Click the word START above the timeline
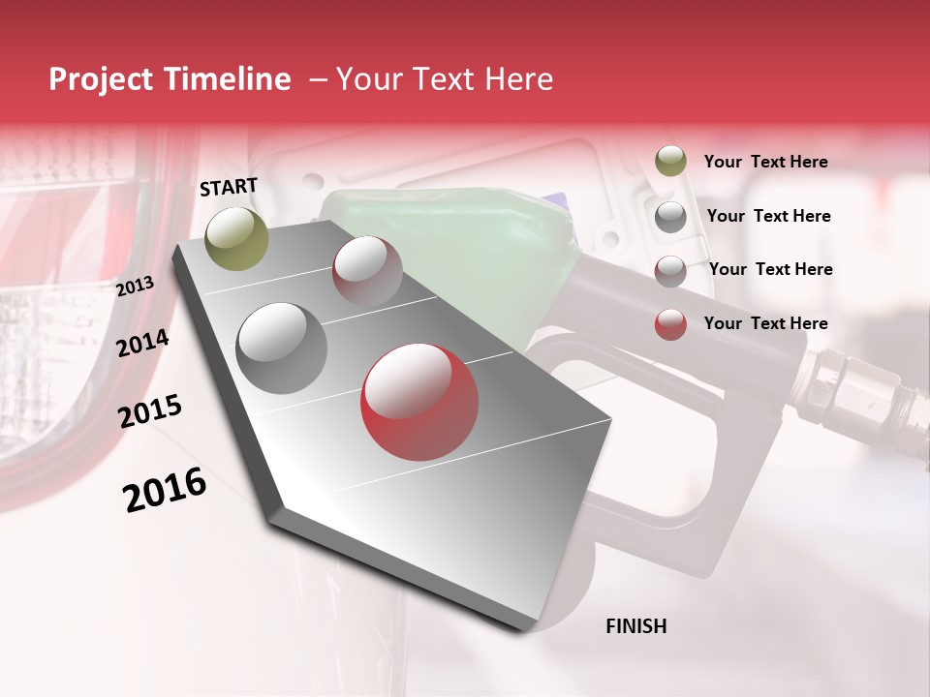(x=229, y=187)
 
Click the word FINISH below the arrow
(x=635, y=626)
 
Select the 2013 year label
(x=136, y=287)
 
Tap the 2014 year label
(x=142, y=343)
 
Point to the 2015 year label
(x=150, y=411)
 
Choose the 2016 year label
(x=166, y=489)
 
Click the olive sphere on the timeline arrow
(x=236, y=238)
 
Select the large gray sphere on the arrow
(x=282, y=348)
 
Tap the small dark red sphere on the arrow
(x=367, y=270)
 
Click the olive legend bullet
(x=670, y=162)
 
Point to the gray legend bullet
(x=670, y=217)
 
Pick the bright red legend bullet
(x=670, y=324)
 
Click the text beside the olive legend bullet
(x=765, y=162)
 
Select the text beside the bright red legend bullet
(x=765, y=323)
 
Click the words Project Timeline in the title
(x=170, y=79)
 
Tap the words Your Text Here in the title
(x=445, y=79)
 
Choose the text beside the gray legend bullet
(x=768, y=216)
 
